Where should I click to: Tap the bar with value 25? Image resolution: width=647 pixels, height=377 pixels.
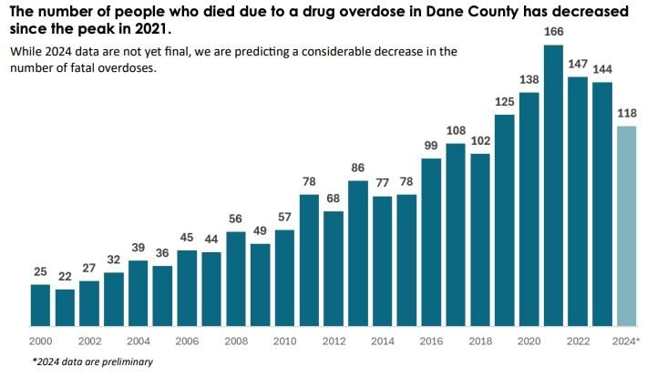click(40, 305)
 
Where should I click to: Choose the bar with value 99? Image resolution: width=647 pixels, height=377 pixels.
click(431, 242)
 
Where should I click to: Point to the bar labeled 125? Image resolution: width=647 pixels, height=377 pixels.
click(504, 219)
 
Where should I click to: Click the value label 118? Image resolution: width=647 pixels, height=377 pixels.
click(626, 114)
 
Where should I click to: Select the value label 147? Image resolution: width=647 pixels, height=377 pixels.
click(578, 65)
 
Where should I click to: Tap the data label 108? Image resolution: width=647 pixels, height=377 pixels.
click(456, 131)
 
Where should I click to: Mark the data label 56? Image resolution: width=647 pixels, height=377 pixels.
click(235, 219)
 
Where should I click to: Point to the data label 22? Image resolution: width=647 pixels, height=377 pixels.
click(65, 277)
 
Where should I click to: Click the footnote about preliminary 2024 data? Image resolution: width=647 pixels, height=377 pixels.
click(92, 362)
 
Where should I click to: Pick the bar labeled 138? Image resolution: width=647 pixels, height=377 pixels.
click(529, 209)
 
